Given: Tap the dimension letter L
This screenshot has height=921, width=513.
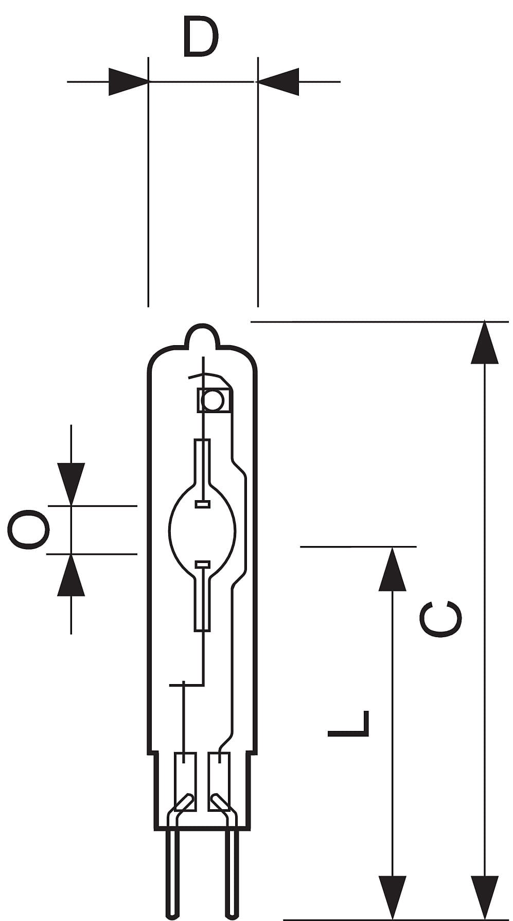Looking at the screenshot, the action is coord(348,723).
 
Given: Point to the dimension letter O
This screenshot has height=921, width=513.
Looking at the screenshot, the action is coord(28,530).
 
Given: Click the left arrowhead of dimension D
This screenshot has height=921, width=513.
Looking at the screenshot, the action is coord(129,81).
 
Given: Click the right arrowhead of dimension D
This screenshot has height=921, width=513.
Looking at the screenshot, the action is coord(278,81).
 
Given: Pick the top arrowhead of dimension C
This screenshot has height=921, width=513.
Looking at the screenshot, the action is coord(485,343).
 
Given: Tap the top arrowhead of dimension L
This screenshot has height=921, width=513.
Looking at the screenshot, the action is coord(393,568).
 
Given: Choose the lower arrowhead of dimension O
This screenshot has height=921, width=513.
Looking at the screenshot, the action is coord(71,575).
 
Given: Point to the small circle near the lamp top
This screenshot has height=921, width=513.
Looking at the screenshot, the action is coord(211,400).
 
